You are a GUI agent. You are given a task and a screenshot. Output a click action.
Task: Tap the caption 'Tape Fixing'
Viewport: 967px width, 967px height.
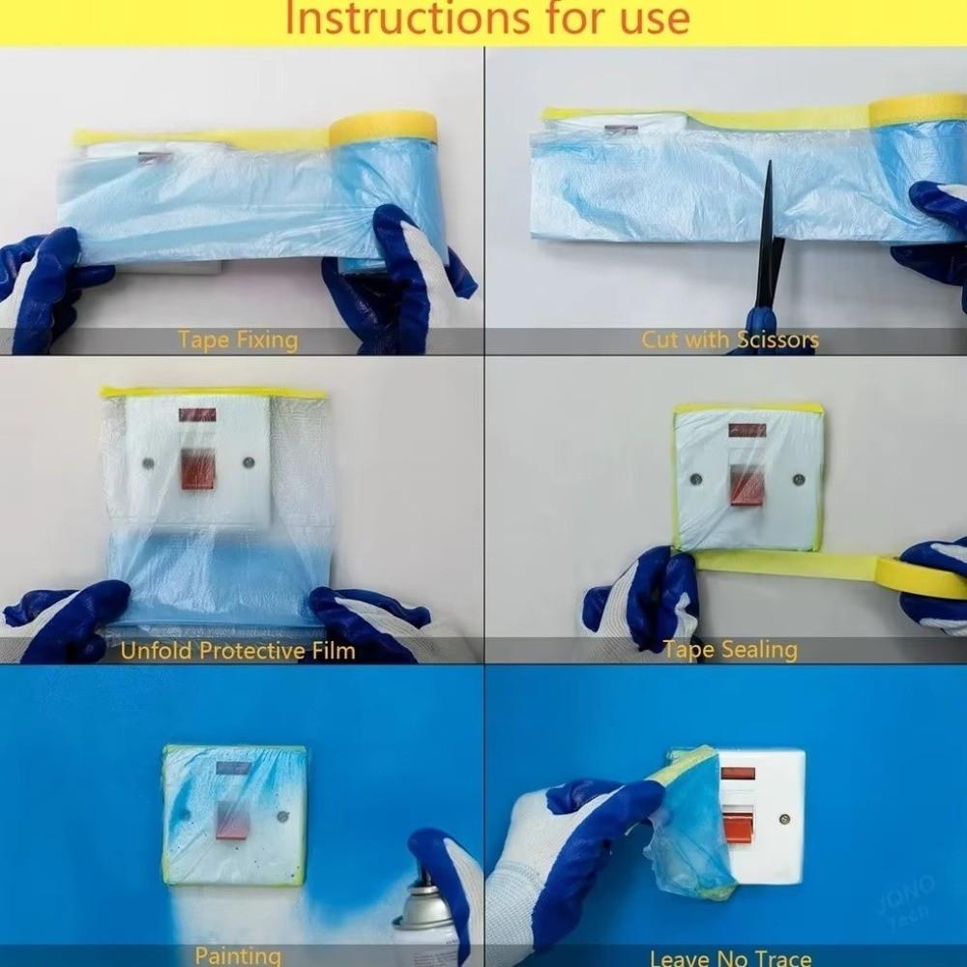point(238,340)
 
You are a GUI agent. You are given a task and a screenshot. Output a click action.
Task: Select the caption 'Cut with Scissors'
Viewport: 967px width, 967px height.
point(729,340)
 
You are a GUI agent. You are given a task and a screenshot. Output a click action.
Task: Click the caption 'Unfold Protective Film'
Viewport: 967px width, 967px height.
point(238,651)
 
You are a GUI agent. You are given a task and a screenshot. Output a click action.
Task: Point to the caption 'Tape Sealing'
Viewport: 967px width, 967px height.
point(730,650)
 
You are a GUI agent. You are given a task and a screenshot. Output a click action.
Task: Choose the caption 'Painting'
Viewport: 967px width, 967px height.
point(238,956)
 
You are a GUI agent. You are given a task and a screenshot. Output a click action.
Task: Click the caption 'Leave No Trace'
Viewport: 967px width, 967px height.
point(730,958)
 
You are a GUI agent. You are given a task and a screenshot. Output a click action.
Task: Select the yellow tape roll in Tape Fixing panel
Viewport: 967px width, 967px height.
point(383,129)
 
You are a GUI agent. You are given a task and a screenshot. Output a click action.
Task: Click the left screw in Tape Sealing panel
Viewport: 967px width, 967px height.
point(695,478)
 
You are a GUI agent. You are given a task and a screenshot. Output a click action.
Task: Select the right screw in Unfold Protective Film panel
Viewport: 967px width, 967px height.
point(249,463)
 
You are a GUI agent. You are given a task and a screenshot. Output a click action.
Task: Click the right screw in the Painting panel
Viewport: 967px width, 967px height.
point(281,817)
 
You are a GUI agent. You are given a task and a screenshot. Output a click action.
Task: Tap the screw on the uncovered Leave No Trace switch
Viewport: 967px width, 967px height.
point(783,819)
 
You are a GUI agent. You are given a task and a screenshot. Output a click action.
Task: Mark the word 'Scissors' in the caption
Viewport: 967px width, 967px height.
point(777,340)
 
